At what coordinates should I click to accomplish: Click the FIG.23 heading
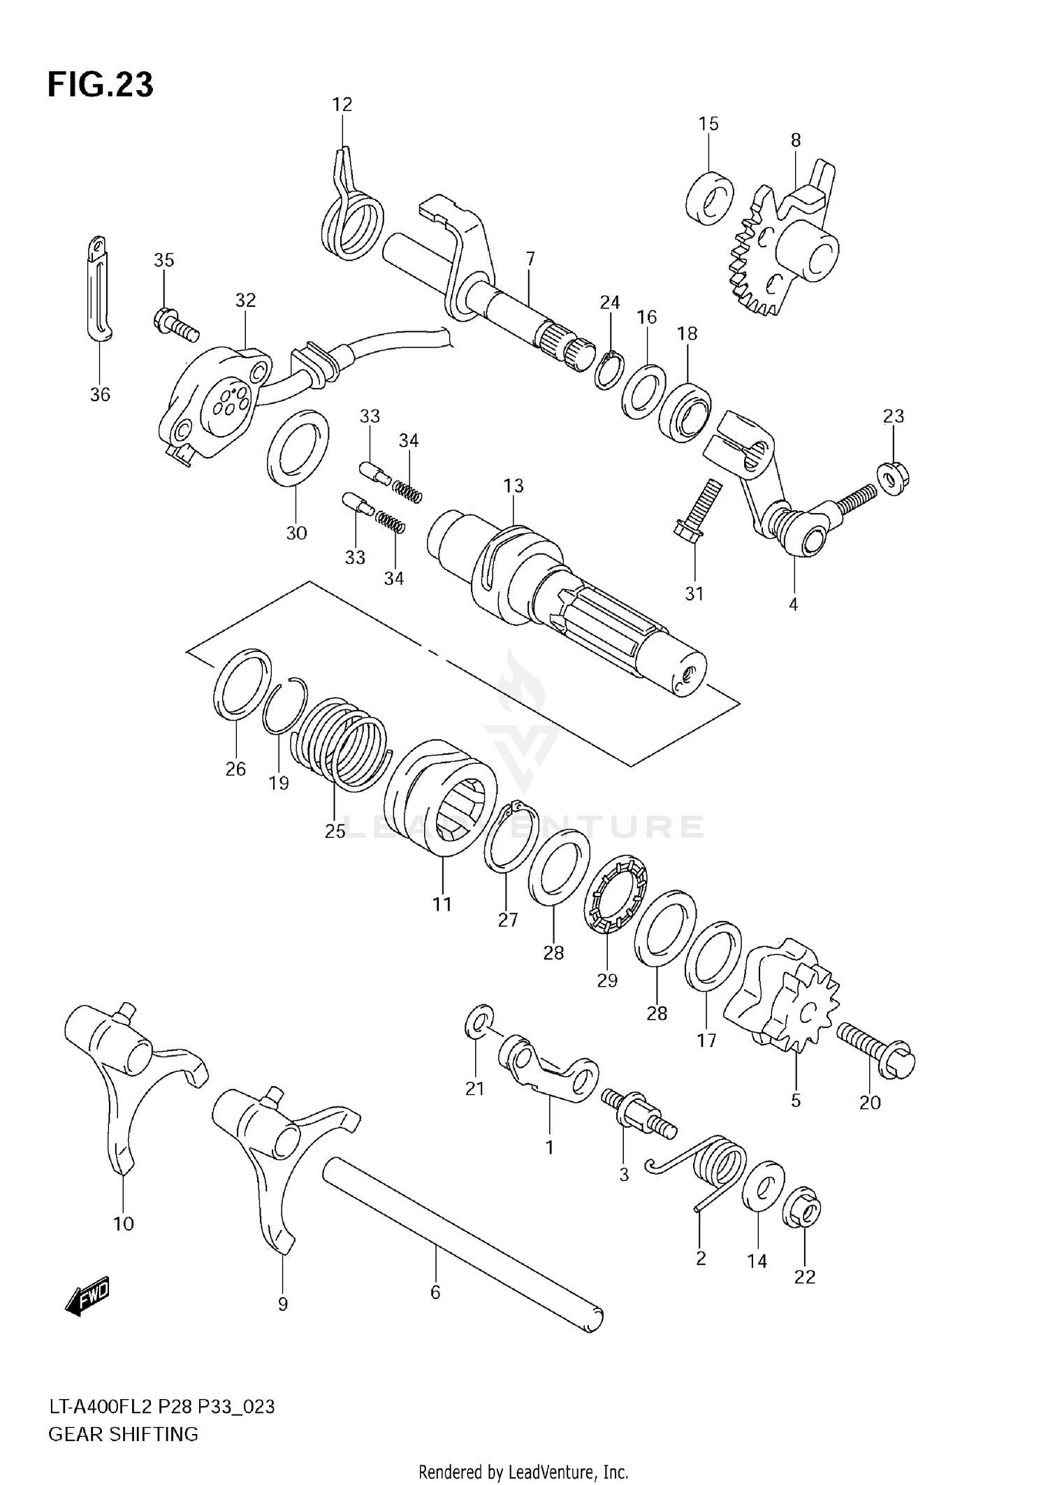click(x=100, y=85)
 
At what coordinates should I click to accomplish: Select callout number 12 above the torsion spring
click(x=342, y=105)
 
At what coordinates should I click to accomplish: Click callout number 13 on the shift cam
click(x=514, y=486)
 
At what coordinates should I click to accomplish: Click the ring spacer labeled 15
click(x=709, y=196)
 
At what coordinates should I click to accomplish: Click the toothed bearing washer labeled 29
click(x=616, y=896)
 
